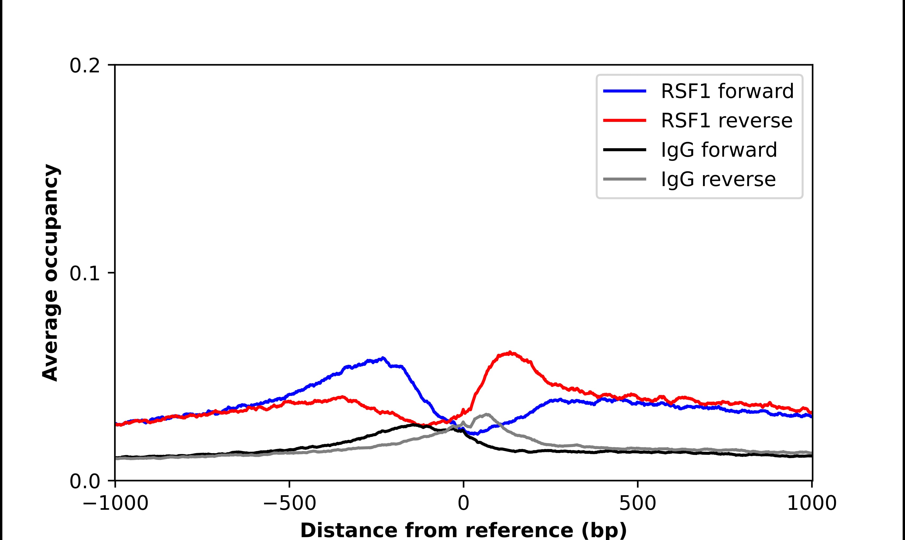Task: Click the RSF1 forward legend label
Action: pyautogui.click(x=727, y=91)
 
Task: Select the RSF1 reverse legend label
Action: pyautogui.click(x=726, y=121)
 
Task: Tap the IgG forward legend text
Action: pyautogui.click(x=719, y=150)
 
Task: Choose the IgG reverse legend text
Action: pyautogui.click(x=718, y=179)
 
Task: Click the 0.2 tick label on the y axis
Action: pyautogui.click(x=85, y=66)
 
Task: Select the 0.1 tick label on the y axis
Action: pyautogui.click(x=85, y=274)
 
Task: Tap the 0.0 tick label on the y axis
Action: pyautogui.click(x=85, y=481)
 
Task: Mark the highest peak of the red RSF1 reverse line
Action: pyautogui.click(x=510, y=352)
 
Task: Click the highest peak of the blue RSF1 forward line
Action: pyautogui.click(x=383, y=358)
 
